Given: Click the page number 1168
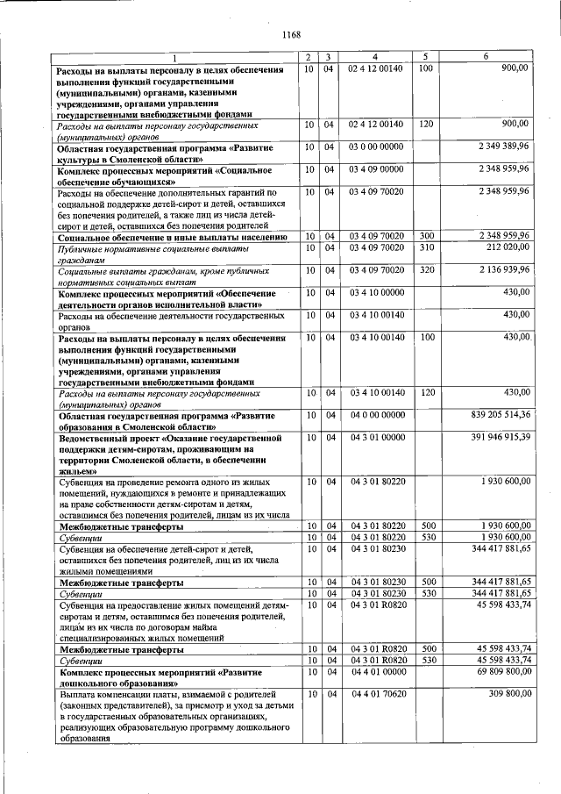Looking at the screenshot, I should [x=290, y=35].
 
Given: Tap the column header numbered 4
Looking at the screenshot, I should [x=374, y=57].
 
